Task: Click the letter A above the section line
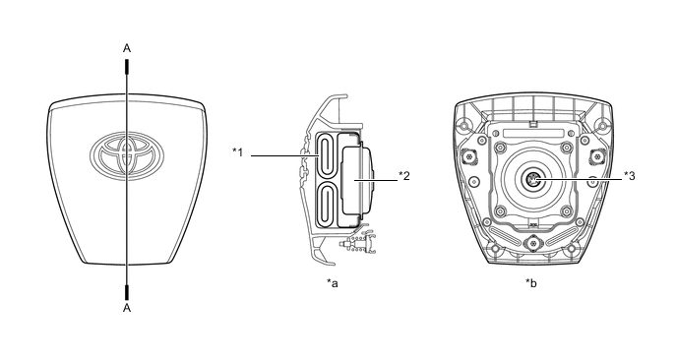coord(127,48)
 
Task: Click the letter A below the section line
coord(127,308)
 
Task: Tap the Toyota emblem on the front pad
coord(127,154)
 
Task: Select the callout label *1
coord(238,151)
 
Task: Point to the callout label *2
coord(404,176)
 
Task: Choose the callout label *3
coord(630,176)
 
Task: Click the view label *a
coord(333,283)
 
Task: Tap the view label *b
coord(531,283)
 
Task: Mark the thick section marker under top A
coord(127,67)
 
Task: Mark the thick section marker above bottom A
coord(127,292)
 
